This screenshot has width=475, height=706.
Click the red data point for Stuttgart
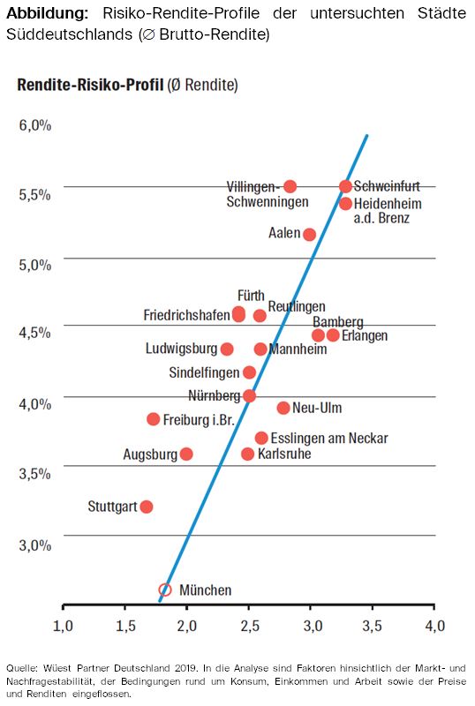tap(147, 507)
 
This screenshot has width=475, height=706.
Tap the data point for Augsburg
tap(186, 454)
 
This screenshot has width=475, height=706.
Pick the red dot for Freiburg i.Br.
tap(154, 419)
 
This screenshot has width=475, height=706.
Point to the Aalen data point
tap(309, 234)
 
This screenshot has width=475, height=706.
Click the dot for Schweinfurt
tap(345, 186)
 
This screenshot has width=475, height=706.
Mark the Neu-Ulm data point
tap(283, 408)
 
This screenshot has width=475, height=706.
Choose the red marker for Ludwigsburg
tap(227, 349)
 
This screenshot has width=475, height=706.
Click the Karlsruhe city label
tap(284, 454)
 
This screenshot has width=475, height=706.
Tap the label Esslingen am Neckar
tap(329, 438)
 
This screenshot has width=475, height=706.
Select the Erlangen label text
tap(365, 336)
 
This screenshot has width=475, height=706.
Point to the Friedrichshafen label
tap(186, 315)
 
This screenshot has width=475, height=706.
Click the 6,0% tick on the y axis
tap(35, 125)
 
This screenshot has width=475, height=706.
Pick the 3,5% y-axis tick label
tap(35, 474)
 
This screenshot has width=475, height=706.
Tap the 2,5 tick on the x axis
tap(249, 626)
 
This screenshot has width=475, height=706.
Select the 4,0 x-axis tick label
tap(435, 626)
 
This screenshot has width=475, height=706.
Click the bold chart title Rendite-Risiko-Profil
tap(90, 85)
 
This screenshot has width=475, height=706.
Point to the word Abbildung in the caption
tap(48, 13)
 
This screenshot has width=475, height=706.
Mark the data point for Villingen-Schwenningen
tap(290, 186)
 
